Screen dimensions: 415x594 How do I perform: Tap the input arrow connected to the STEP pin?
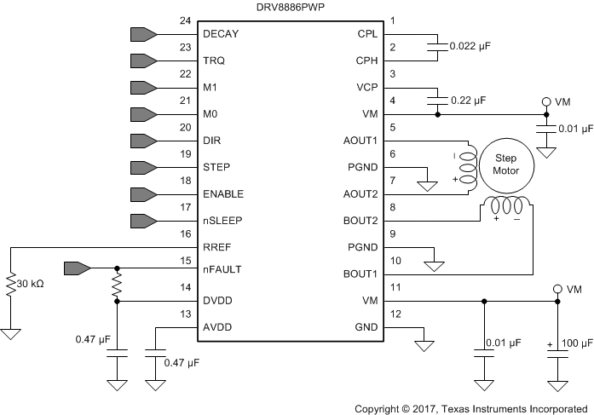coord(141,167)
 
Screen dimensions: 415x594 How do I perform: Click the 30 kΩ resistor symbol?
coord(11,282)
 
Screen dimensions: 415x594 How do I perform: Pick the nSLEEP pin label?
coord(223,221)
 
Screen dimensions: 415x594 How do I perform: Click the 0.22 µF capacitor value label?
coord(468,100)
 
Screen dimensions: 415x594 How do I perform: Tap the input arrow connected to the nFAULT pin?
coord(77,268)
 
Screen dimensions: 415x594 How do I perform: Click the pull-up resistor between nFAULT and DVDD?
coord(117,285)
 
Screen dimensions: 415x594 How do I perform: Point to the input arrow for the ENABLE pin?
coord(141,193)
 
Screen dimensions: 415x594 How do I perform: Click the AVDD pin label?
coord(218,327)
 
